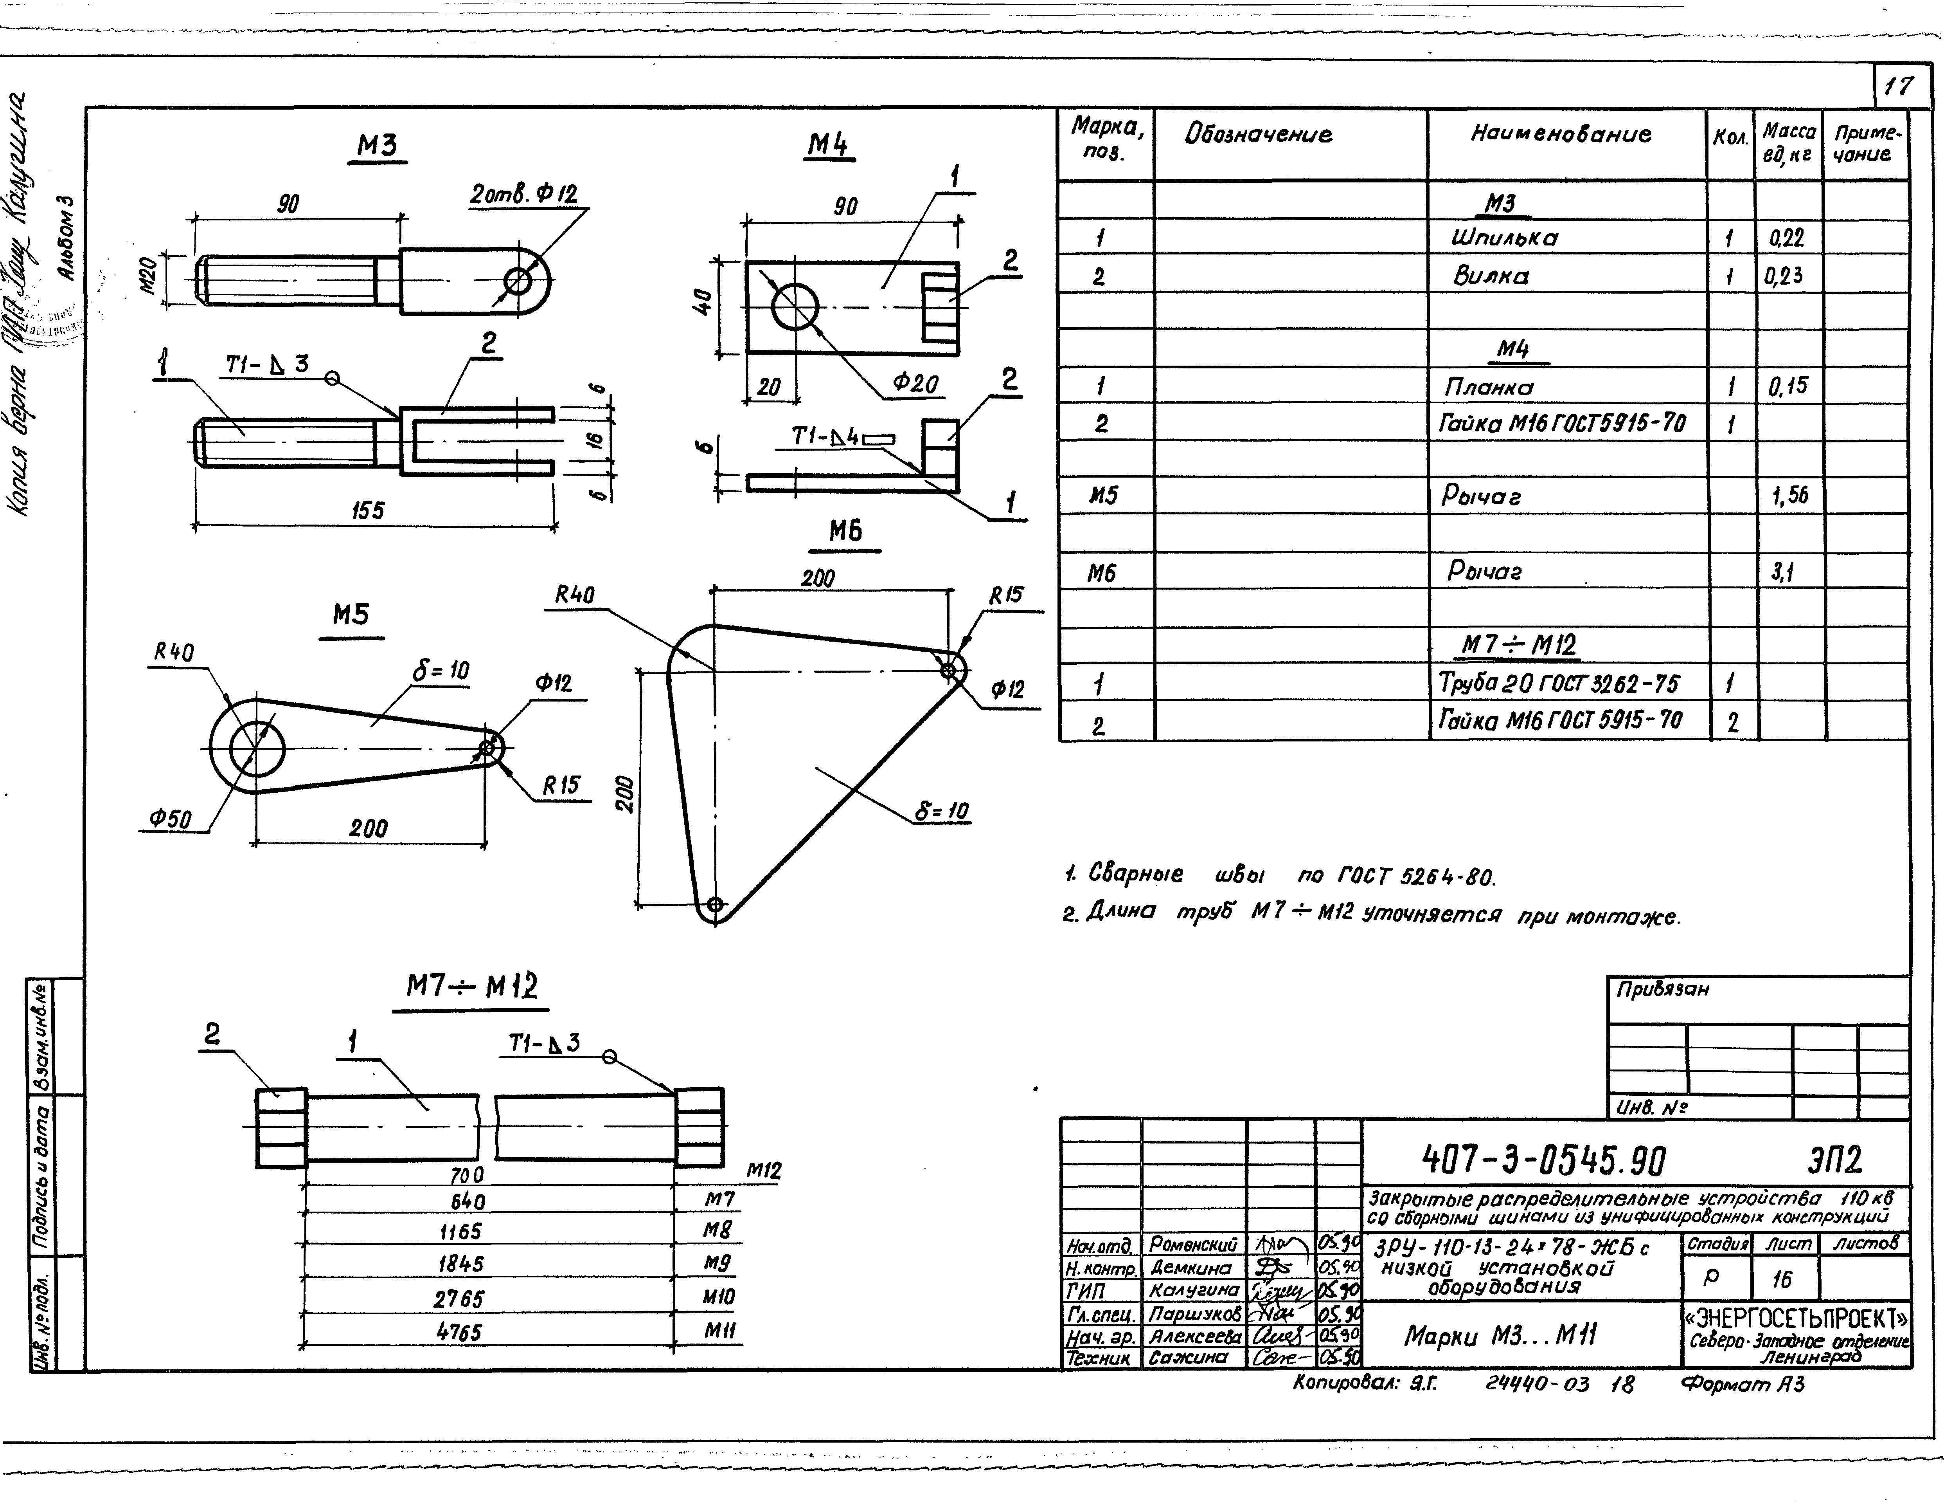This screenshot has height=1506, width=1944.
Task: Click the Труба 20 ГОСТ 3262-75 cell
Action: point(1559,684)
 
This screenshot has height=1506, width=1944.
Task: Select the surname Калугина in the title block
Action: point(1194,1290)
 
